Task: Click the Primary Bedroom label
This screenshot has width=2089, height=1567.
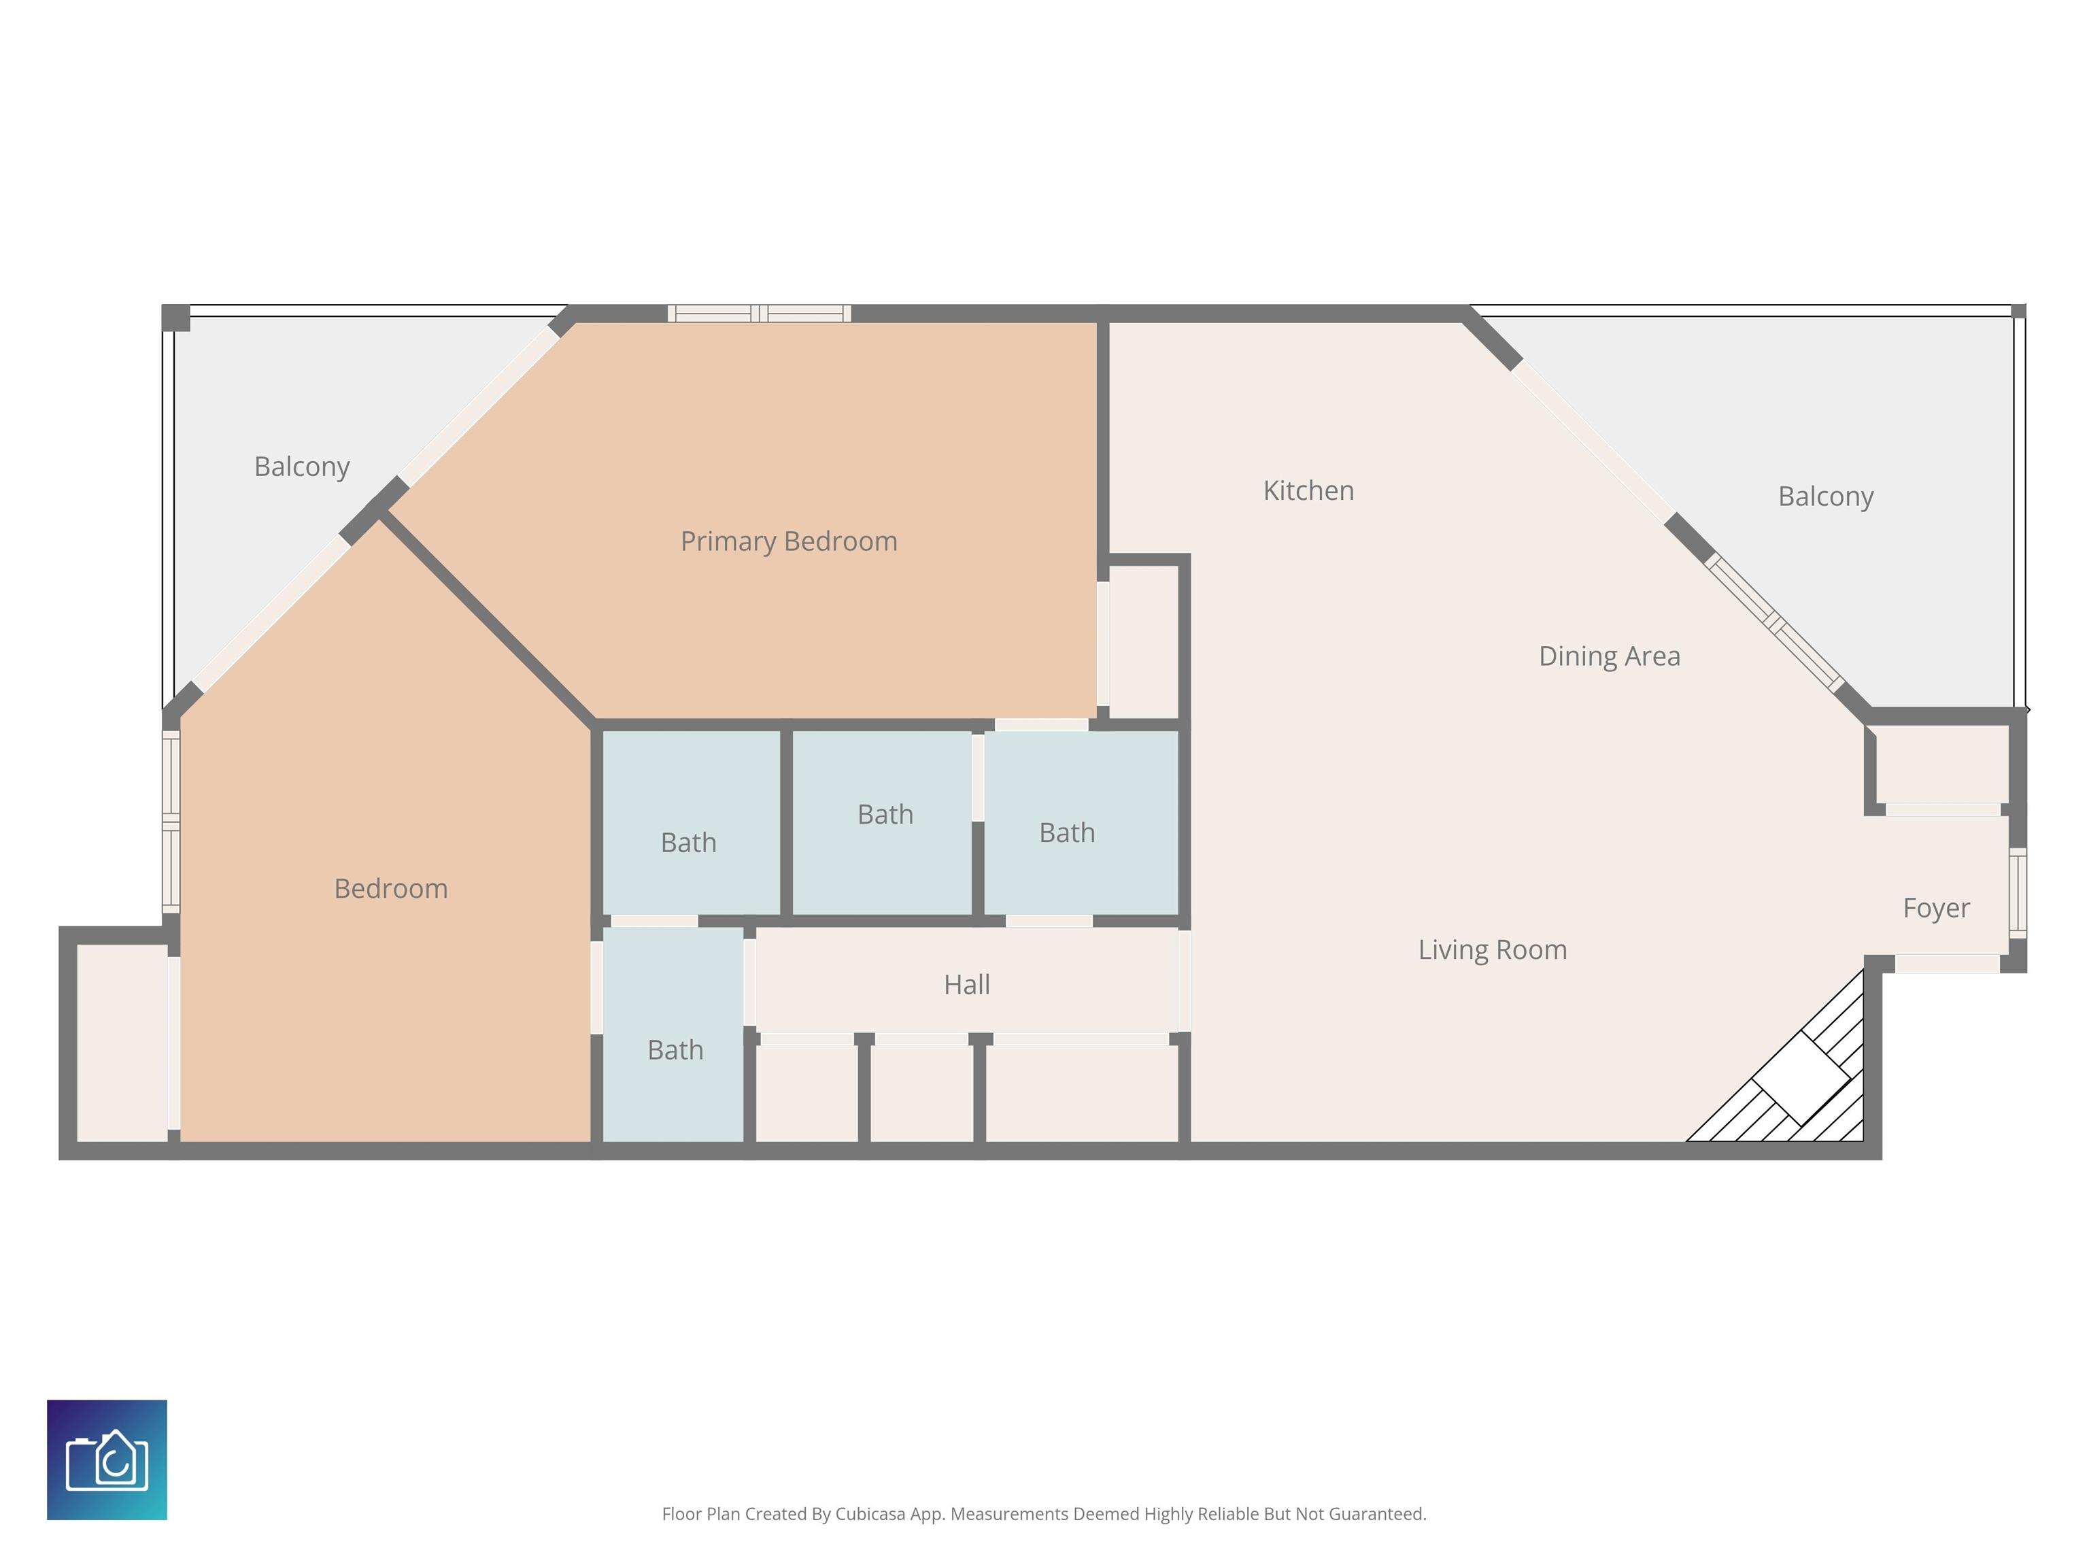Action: [x=789, y=542]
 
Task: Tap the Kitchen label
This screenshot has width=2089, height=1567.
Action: [x=1308, y=490]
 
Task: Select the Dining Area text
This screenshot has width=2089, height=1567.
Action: [x=1609, y=656]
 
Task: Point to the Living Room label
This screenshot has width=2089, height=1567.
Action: [x=1492, y=950]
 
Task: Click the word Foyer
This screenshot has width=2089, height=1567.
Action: [x=1936, y=909]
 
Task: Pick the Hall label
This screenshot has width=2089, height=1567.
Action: [x=967, y=984]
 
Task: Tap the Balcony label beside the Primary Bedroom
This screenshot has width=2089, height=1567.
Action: [x=302, y=467]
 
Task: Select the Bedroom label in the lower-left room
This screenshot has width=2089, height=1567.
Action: [x=391, y=888]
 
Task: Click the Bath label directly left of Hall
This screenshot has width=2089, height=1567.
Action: [x=675, y=1049]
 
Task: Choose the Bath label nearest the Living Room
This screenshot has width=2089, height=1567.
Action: [x=1067, y=832]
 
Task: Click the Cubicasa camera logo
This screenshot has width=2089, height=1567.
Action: [x=107, y=1460]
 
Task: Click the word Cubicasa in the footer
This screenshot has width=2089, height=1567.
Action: [x=870, y=1514]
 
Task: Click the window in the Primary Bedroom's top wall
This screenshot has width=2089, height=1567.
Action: [x=760, y=314]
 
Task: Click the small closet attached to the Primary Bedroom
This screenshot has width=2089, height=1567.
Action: [x=1144, y=642]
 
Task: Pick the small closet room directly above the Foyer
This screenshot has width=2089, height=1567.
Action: [x=1941, y=765]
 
